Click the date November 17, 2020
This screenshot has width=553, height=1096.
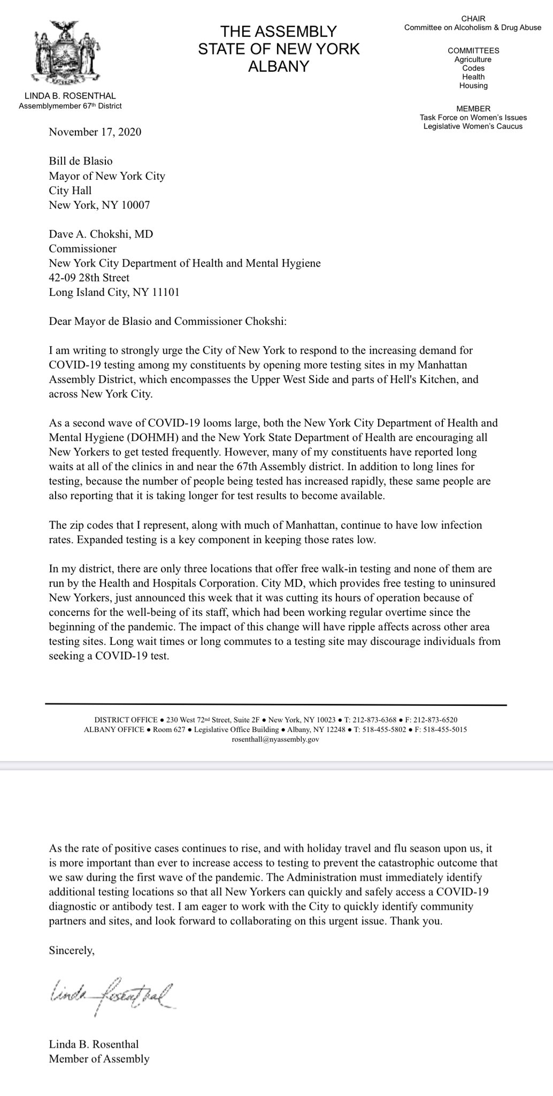coord(95,132)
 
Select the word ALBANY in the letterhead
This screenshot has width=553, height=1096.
coord(279,66)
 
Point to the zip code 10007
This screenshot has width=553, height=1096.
coord(135,204)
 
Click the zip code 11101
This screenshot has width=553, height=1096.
coord(164,293)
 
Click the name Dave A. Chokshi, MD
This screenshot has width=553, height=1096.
coord(97,234)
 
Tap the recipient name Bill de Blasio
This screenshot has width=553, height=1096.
coord(81,161)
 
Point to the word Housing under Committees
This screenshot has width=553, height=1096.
coord(473,86)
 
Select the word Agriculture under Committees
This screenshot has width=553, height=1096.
coord(473,59)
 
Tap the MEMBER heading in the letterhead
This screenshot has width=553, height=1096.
coord(473,109)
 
